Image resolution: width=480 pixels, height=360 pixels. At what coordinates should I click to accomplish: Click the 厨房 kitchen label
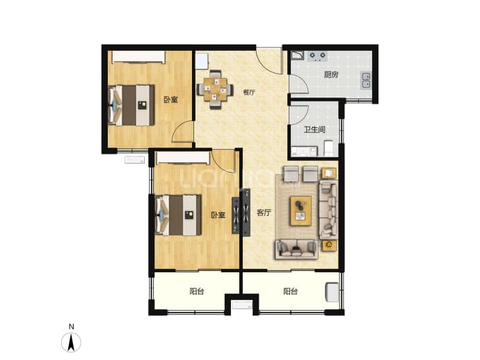pos(331,75)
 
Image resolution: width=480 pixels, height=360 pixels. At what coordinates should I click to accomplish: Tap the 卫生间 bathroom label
pos(314,130)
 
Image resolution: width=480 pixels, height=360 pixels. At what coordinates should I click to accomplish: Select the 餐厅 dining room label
pos(249,92)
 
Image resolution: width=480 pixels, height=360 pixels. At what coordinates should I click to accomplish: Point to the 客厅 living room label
pos(264,212)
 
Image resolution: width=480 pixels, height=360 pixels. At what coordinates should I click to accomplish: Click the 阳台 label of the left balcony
pos(197,291)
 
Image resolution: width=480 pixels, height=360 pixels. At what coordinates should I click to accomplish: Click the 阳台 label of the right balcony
pos(290,291)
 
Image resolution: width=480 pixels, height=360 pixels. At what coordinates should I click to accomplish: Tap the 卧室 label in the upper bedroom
pos(170,100)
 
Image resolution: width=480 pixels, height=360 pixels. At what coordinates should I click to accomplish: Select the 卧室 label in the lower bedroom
pos(218,215)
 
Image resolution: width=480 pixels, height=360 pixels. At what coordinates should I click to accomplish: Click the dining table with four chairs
pos(215,89)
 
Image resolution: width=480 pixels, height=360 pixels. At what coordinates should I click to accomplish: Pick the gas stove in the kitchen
pos(317,56)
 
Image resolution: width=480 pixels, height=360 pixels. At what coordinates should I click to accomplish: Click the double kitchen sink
pos(366,80)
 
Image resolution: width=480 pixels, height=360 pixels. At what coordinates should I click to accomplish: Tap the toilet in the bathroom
pos(328,148)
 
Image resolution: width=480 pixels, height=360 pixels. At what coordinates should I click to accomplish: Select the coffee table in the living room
pos(301,211)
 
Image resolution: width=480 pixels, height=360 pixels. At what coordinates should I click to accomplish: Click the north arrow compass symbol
pos(71,342)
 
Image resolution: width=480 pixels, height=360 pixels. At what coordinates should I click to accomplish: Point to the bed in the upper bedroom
pos(131,105)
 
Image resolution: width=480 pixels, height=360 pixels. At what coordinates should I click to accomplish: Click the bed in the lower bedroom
pos(178,215)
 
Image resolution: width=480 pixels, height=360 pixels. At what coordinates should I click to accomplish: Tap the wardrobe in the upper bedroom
pos(138,57)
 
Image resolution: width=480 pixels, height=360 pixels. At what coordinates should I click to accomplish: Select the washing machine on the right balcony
pos(333,292)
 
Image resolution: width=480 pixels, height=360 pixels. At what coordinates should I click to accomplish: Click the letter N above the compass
pos(72,327)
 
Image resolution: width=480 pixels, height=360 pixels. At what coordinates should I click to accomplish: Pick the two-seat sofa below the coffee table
pos(296,249)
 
